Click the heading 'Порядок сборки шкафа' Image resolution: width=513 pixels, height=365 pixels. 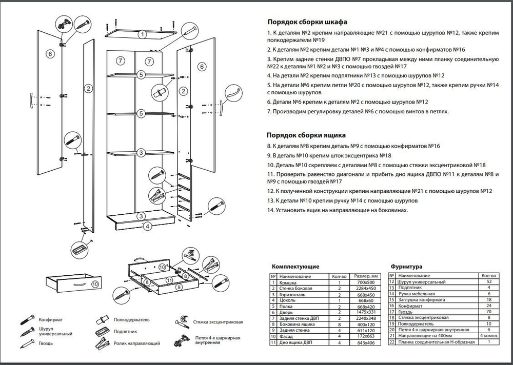click(x=307, y=23)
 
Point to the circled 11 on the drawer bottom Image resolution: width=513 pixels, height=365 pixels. click(x=167, y=280)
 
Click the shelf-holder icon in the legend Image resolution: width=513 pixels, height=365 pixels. click(x=101, y=320)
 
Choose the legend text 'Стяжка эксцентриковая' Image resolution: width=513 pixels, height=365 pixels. click(x=218, y=323)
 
